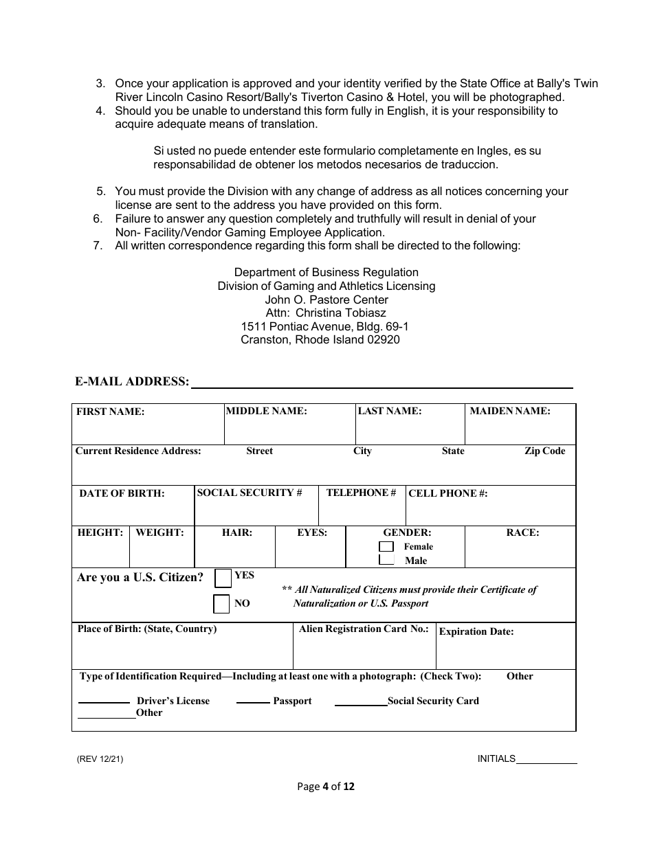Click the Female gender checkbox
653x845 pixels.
tap(386, 547)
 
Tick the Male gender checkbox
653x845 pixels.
tap(386, 560)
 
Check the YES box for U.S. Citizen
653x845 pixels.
tap(223, 578)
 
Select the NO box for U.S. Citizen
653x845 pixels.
tap(221, 604)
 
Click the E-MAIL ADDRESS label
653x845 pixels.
tap(132, 381)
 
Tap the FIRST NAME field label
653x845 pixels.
tap(110, 412)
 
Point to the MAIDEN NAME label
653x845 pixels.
tap(509, 411)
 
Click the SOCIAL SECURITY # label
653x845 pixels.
tap(250, 493)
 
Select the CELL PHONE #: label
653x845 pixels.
tap(447, 493)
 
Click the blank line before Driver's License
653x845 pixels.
tap(104, 701)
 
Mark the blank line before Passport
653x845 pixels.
tap(253, 701)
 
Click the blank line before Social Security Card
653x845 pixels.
tap(361, 703)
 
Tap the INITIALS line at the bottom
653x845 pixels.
tap(546, 761)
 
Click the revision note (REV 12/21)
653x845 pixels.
tap(100, 759)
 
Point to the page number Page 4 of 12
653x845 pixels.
tap(326, 787)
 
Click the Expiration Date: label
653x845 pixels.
tap(476, 631)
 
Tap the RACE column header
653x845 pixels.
tap(522, 532)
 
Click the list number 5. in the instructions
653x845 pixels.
tap(100, 192)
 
